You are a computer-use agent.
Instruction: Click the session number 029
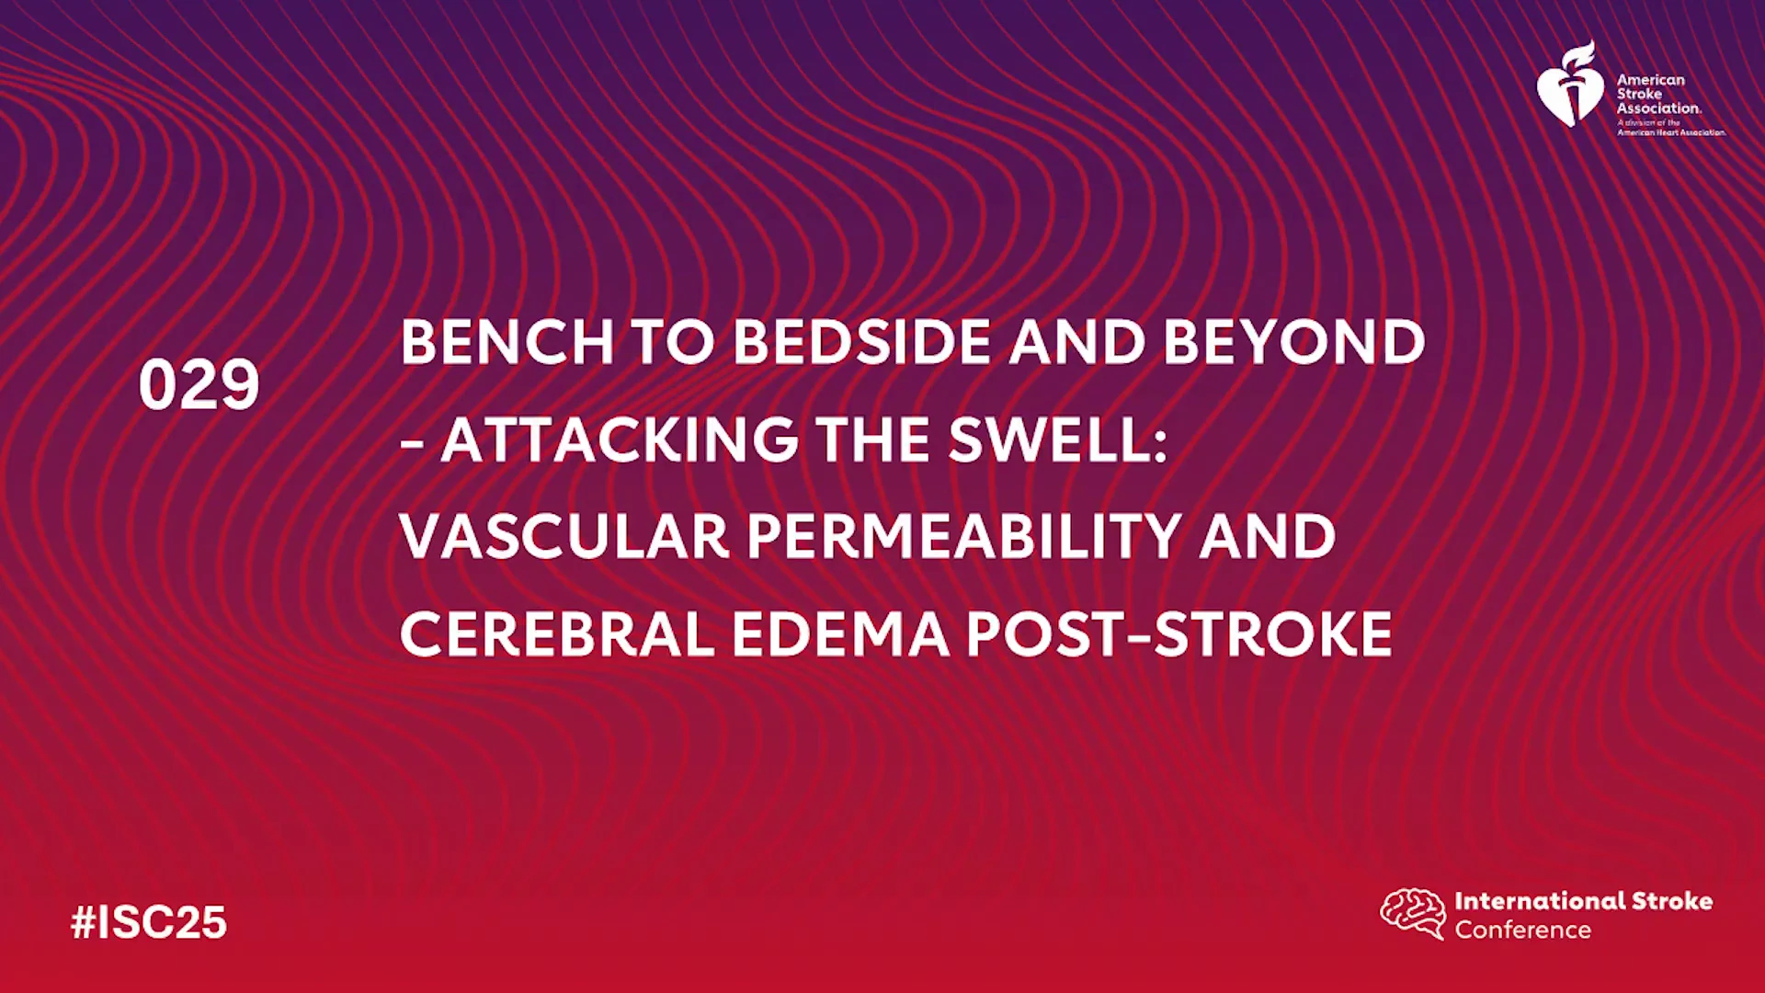point(199,384)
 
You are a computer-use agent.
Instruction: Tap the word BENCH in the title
point(507,342)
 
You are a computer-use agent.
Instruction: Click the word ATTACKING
point(620,439)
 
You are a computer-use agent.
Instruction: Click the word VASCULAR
point(564,537)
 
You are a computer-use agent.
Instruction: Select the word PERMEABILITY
point(964,537)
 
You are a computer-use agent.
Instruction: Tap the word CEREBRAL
point(557,634)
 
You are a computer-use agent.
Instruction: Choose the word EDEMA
point(840,634)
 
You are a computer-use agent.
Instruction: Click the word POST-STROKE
point(1179,634)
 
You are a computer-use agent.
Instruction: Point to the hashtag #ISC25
point(149,922)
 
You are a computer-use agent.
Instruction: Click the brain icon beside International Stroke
point(1413,913)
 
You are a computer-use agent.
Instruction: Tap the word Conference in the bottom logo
point(1522,930)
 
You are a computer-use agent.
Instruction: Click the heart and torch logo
point(1570,86)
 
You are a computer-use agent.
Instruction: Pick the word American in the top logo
point(1651,80)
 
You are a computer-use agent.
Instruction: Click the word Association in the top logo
point(1659,108)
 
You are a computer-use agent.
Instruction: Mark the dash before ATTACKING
point(412,444)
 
